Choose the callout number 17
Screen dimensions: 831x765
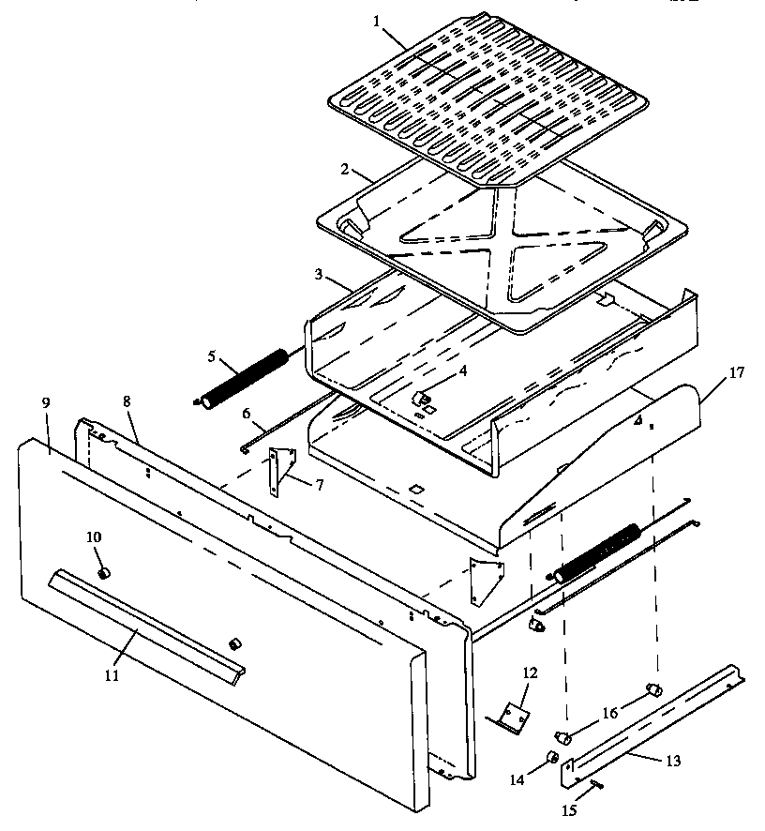[x=736, y=372]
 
